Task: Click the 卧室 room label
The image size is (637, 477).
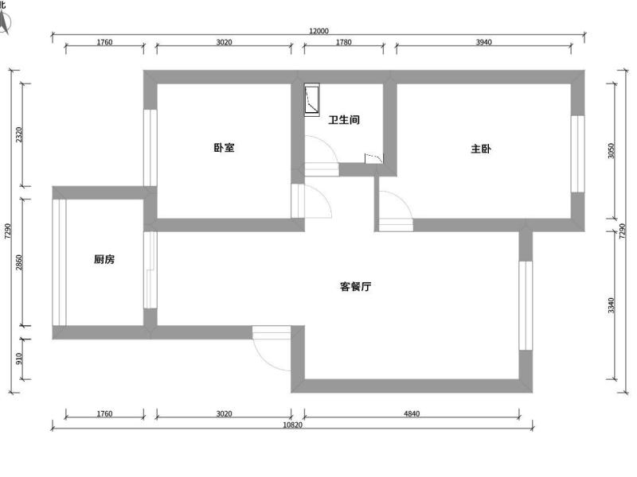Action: [224, 148]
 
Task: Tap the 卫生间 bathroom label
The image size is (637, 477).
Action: [344, 120]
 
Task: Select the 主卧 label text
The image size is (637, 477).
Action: [481, 149]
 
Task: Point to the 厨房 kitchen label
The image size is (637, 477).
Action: [104, 259]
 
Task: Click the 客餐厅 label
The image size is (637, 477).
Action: [355, 287]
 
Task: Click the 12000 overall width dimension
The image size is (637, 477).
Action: [318, 31]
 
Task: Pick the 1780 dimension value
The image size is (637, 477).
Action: [343, 42]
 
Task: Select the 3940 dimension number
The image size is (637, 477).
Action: [483, 42]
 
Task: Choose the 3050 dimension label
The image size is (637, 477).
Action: [612, 150]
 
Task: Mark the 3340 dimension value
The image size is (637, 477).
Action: [612, 305]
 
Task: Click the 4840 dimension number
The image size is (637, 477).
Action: [411, 413]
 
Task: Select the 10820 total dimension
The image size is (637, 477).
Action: [292, 425]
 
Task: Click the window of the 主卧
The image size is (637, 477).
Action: [578, 153]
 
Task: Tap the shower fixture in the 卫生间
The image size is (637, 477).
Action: [312, 99]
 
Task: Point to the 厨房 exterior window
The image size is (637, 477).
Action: [59, 262]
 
